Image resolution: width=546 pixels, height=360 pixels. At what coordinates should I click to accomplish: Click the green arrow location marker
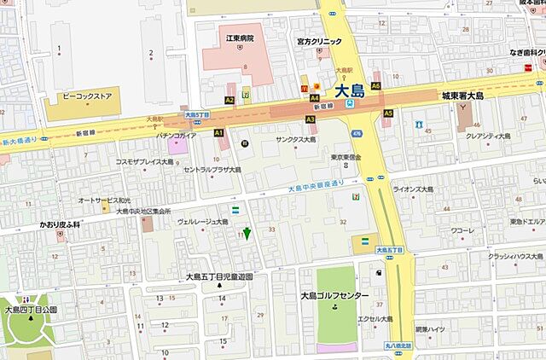pos(247,232)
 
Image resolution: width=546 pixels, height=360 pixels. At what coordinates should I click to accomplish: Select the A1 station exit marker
pos(218,133)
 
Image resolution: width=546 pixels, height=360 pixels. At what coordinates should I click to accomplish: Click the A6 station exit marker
pos(375,86)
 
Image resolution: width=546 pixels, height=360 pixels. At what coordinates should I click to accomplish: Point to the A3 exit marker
pos(310,119)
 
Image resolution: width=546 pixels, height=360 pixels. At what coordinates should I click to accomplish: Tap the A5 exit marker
pos(388,113)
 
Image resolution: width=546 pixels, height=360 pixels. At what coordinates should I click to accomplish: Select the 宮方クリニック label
pos(318,41)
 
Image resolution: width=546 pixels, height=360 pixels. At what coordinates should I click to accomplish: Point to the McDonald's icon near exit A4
pos(302,87)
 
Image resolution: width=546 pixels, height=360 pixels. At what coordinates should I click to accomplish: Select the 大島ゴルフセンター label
pos(334,296)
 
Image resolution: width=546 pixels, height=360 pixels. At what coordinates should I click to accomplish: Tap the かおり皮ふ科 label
pos(59,224)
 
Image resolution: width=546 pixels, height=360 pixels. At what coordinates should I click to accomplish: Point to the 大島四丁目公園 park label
pos(29,310)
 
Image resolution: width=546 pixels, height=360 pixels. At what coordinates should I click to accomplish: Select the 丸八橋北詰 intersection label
pos(397,345)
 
